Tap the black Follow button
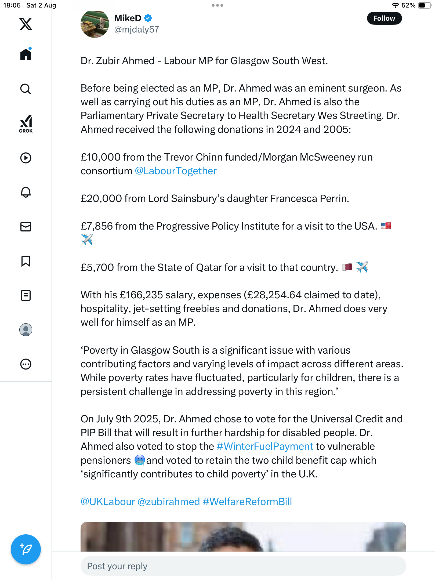384,18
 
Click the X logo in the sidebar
26,24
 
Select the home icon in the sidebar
26,54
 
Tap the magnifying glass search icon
26,89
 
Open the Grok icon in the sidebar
26,124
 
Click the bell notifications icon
26,192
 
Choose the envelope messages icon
26,227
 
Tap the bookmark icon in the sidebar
26,261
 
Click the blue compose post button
26,549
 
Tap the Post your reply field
243,566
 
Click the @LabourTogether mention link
176,171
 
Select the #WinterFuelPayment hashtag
265,447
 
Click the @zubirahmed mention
169,502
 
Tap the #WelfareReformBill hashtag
247,502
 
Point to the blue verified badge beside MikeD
148,18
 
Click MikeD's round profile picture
95,24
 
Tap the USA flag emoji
386,226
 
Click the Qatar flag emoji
347,267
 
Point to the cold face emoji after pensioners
140,460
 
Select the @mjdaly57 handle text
136,30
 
